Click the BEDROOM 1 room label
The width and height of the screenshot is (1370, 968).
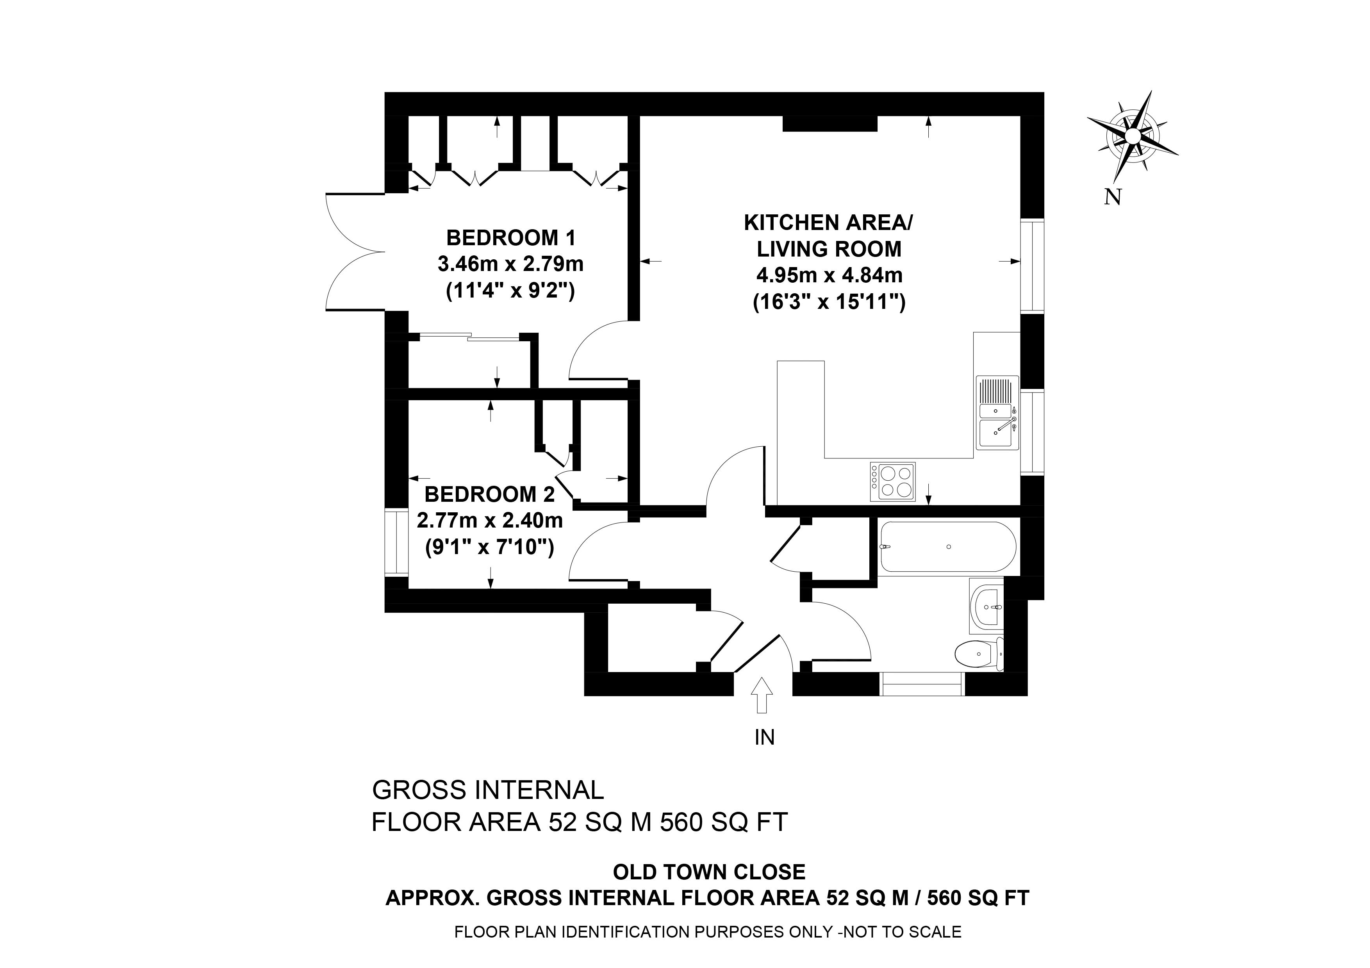click(x=511, y=238)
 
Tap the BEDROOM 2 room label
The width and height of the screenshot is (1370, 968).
click(x=489, y=494)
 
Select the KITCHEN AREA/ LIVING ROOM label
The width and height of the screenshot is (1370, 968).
click(x=828, y=235)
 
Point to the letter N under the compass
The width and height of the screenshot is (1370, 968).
click(x=1111, y=197)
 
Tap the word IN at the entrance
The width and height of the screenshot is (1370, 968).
click(x=764, y=738)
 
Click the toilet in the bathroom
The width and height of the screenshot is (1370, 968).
click(x=979, y=655)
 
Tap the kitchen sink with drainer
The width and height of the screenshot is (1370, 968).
click(x=997, y=413)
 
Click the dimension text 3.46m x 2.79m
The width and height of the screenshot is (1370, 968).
click(x=511, y=264)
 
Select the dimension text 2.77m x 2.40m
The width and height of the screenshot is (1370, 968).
click(x=489, y=521)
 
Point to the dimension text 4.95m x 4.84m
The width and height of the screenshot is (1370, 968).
click(x=829, y=276)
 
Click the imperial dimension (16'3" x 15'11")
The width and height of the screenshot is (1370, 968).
click(x=829, y=302)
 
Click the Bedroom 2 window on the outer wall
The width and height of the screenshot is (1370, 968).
click(x=396, y=542)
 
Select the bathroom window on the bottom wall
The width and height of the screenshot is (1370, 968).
click(x=922, y=684)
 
